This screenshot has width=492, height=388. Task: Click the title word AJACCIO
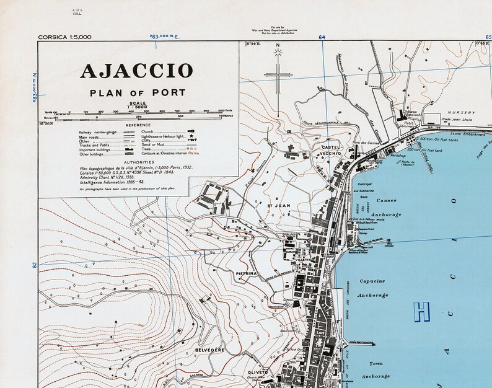136,71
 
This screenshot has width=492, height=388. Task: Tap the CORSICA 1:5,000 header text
64,37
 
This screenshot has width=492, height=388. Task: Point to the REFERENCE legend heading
138,125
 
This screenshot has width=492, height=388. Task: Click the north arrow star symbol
278,53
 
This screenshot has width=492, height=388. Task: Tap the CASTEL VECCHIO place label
328,151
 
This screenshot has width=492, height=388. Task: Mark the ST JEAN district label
278,205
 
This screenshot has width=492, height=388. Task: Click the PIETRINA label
246,273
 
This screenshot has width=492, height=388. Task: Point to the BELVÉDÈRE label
208,350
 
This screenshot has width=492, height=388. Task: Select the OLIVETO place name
257,373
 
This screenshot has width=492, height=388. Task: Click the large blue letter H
422,311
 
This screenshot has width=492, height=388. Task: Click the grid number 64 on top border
322,38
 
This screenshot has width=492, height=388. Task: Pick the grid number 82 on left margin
35,265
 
